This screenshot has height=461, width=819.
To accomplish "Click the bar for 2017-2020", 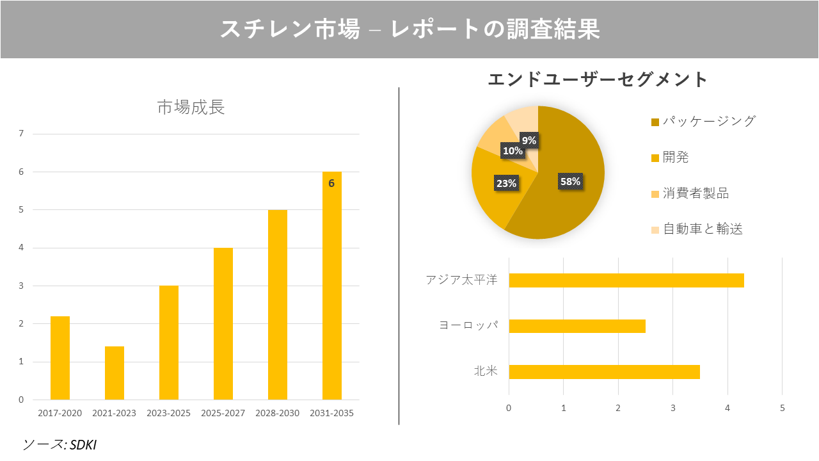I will click(60, 358).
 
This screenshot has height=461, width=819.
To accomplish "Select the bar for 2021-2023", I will click(115, 373).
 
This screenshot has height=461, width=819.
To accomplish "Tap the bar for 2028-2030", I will click(278, 305).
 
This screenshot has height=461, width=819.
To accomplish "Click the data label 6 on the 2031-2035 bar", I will click(331, 183).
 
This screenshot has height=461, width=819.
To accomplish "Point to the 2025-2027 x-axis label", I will click(223, 413).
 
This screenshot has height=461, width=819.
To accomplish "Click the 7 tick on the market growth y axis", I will click(21, 134).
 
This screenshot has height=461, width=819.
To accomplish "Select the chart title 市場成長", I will click(191, 108).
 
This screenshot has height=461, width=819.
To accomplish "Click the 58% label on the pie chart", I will click(570, 181).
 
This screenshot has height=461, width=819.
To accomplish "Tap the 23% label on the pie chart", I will click(506, 184).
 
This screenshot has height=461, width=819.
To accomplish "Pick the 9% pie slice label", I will click(529, 140).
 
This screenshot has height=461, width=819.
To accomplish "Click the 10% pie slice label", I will click(513, 151).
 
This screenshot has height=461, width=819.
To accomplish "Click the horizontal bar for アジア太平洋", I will click(626, 280).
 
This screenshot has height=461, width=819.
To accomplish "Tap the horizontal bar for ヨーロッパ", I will click(576, 326).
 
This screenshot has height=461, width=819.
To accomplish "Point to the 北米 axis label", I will click(485, 371).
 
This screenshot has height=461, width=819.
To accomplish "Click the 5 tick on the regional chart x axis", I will click(782, 408).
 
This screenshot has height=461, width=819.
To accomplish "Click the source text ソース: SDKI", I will click(60, 444).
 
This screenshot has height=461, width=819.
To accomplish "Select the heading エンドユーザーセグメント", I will click(598, 79).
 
